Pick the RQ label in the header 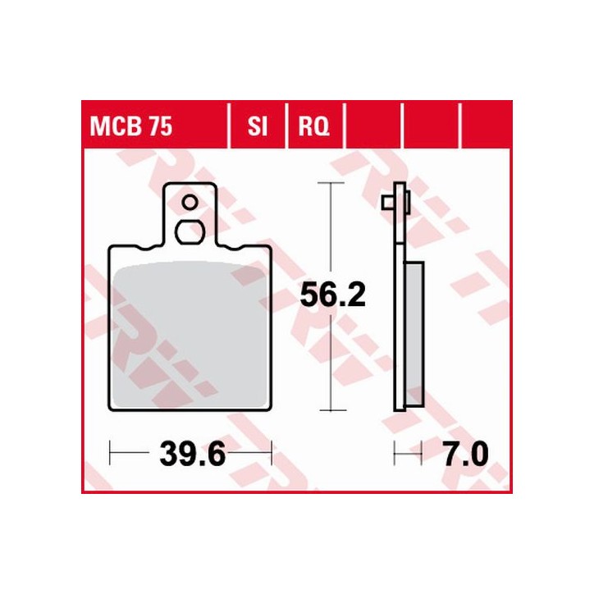(x=313, y=128)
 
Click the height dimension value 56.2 (x=331, y=295)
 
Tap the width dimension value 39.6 (x=191, y=452)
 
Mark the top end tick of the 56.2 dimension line (x=330, y=182)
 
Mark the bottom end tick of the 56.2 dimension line (x=330, y=409)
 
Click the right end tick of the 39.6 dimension (x=271, y=452)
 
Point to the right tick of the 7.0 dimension (x=421, y=452)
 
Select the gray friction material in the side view (x=414, y=328)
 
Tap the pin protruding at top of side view (x=387, y=202)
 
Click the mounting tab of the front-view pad (x=190, y=215)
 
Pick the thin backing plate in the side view (x=400, y=328)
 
